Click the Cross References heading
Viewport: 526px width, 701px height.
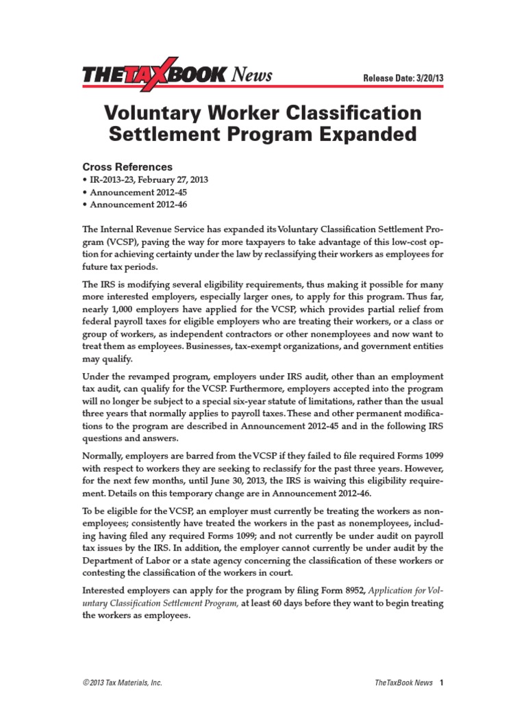[x=127, y=167]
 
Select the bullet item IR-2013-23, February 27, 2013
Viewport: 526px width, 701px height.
[x=147, y=180]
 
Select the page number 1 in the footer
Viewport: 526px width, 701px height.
[x=442, y=683]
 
